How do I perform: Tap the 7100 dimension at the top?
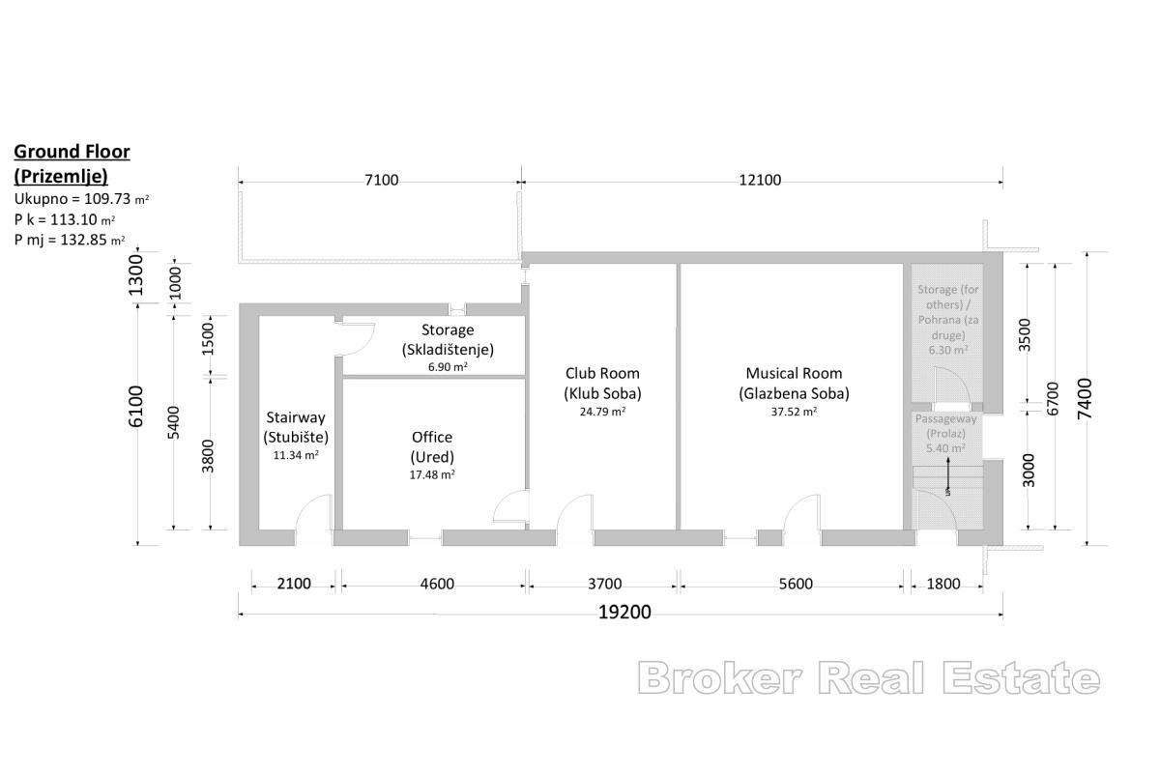coord(381,181)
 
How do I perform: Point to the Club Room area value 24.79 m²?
coord(602,412)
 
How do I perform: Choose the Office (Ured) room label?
coord(432,446)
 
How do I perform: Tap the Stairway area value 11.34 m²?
coord(298,455)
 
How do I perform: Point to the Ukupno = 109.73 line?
coord(81,199)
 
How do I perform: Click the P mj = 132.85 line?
coord(70,240)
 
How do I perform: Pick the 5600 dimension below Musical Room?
coord(795,584)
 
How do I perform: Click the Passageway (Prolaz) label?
coord(946,426)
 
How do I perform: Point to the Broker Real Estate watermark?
coord(868,678)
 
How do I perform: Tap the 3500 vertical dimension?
coord(1028,333)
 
